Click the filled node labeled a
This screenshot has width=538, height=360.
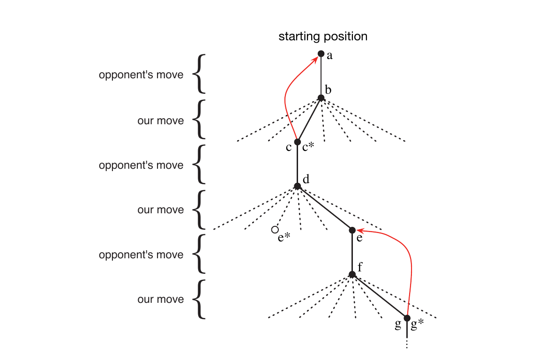[321, 54]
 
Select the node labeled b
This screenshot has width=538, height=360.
[321, 98]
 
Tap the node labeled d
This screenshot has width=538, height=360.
[297, 186]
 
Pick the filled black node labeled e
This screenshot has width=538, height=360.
[352, 230]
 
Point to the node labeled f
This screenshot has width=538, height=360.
[352, 274]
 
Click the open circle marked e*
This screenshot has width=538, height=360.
[274, 230]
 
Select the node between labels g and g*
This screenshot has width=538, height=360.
[407, 318]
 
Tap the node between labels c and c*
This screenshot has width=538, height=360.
[297, 142]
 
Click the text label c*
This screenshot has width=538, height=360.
[308, 147]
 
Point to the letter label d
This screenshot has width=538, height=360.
[306, 179]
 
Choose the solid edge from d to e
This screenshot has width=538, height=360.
[325, 208]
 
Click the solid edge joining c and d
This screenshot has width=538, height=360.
[297, 164]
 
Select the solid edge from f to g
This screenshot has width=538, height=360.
[380, 296]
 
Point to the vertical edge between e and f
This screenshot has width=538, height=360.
[352, 252]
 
